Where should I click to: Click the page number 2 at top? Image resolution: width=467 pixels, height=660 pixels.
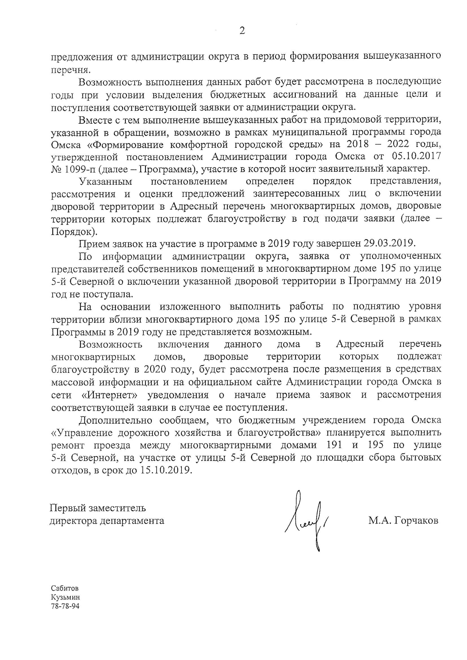coord(242,30)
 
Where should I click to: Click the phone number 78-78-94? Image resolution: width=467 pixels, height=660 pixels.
coord(65,606)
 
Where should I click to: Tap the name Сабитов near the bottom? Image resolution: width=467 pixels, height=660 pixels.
coord(65,588)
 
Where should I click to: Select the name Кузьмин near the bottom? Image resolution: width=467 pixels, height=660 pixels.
coord(65,597)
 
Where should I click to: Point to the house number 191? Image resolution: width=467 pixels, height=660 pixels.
coord(334,445)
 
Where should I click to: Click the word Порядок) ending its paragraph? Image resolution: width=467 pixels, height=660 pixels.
coord(74,231)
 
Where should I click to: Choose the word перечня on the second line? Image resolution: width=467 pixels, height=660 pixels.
coord(71,70)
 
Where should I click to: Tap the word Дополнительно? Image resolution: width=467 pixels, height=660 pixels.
coord(115,420)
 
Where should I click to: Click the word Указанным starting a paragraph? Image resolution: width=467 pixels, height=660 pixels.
coord(106,182)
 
